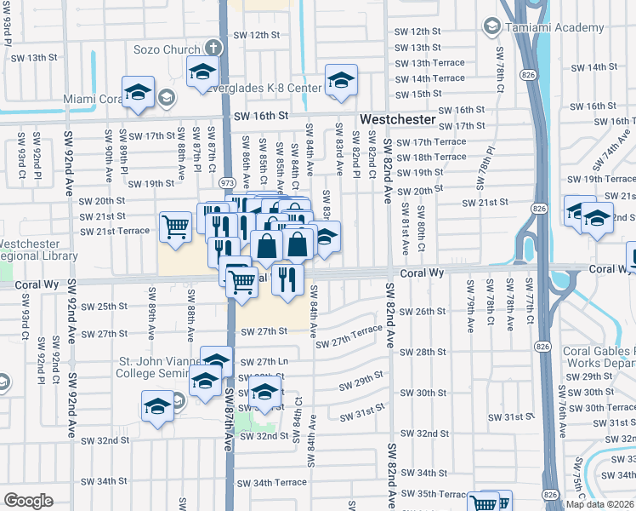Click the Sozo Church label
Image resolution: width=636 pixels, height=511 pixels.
pyautogui.click(x=166, y=49)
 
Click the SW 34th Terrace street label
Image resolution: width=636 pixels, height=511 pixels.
pyautogui.click(x=271, y=483)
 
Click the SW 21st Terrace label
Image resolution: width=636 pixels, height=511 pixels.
pyautogui.click(x=116, y=231)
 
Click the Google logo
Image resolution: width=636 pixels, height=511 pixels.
pyautogui.click(x=29, y=500)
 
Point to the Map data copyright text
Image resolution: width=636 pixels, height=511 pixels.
pyautogui.click(x=599, y=504)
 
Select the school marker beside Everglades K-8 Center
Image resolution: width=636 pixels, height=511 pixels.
pyautogui.click(x=341, y=83)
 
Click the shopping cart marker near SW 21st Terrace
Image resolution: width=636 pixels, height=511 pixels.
pyautogui.click(x=175, y=228)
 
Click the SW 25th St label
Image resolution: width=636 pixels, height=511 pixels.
pyautogui.click(x=111, y=306)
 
